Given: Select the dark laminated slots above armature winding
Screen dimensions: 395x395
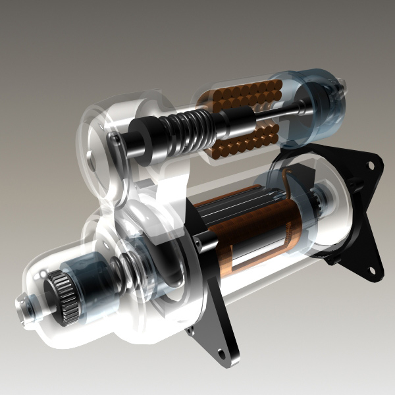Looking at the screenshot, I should pos(244,204).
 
